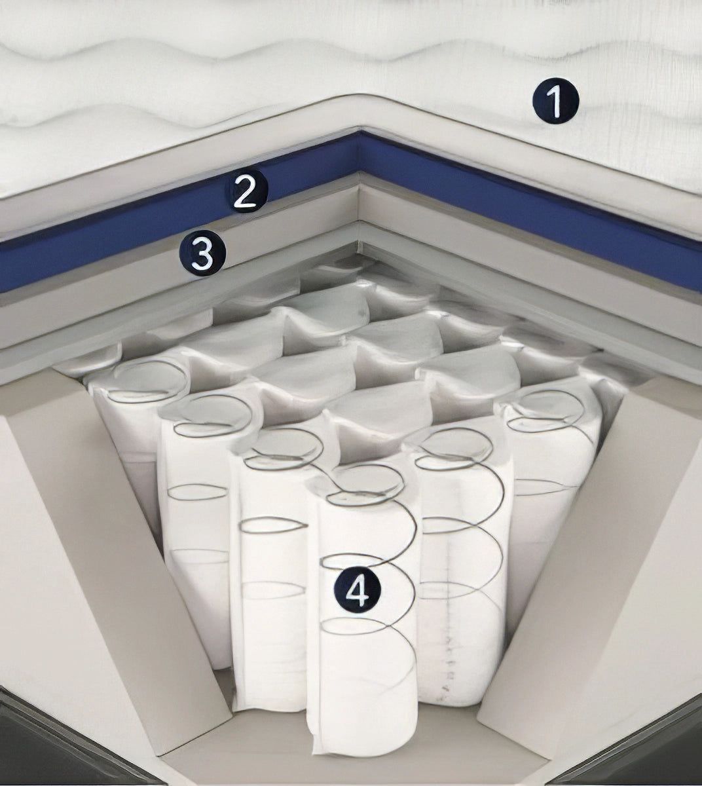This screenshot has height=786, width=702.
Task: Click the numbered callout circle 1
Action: pyautogui.click(x=556, y=102)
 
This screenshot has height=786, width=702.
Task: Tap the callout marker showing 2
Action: pyautogui.click(x=246, y=191)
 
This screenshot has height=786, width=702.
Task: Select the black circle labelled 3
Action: pyautogui.click(x=202, y=253)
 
